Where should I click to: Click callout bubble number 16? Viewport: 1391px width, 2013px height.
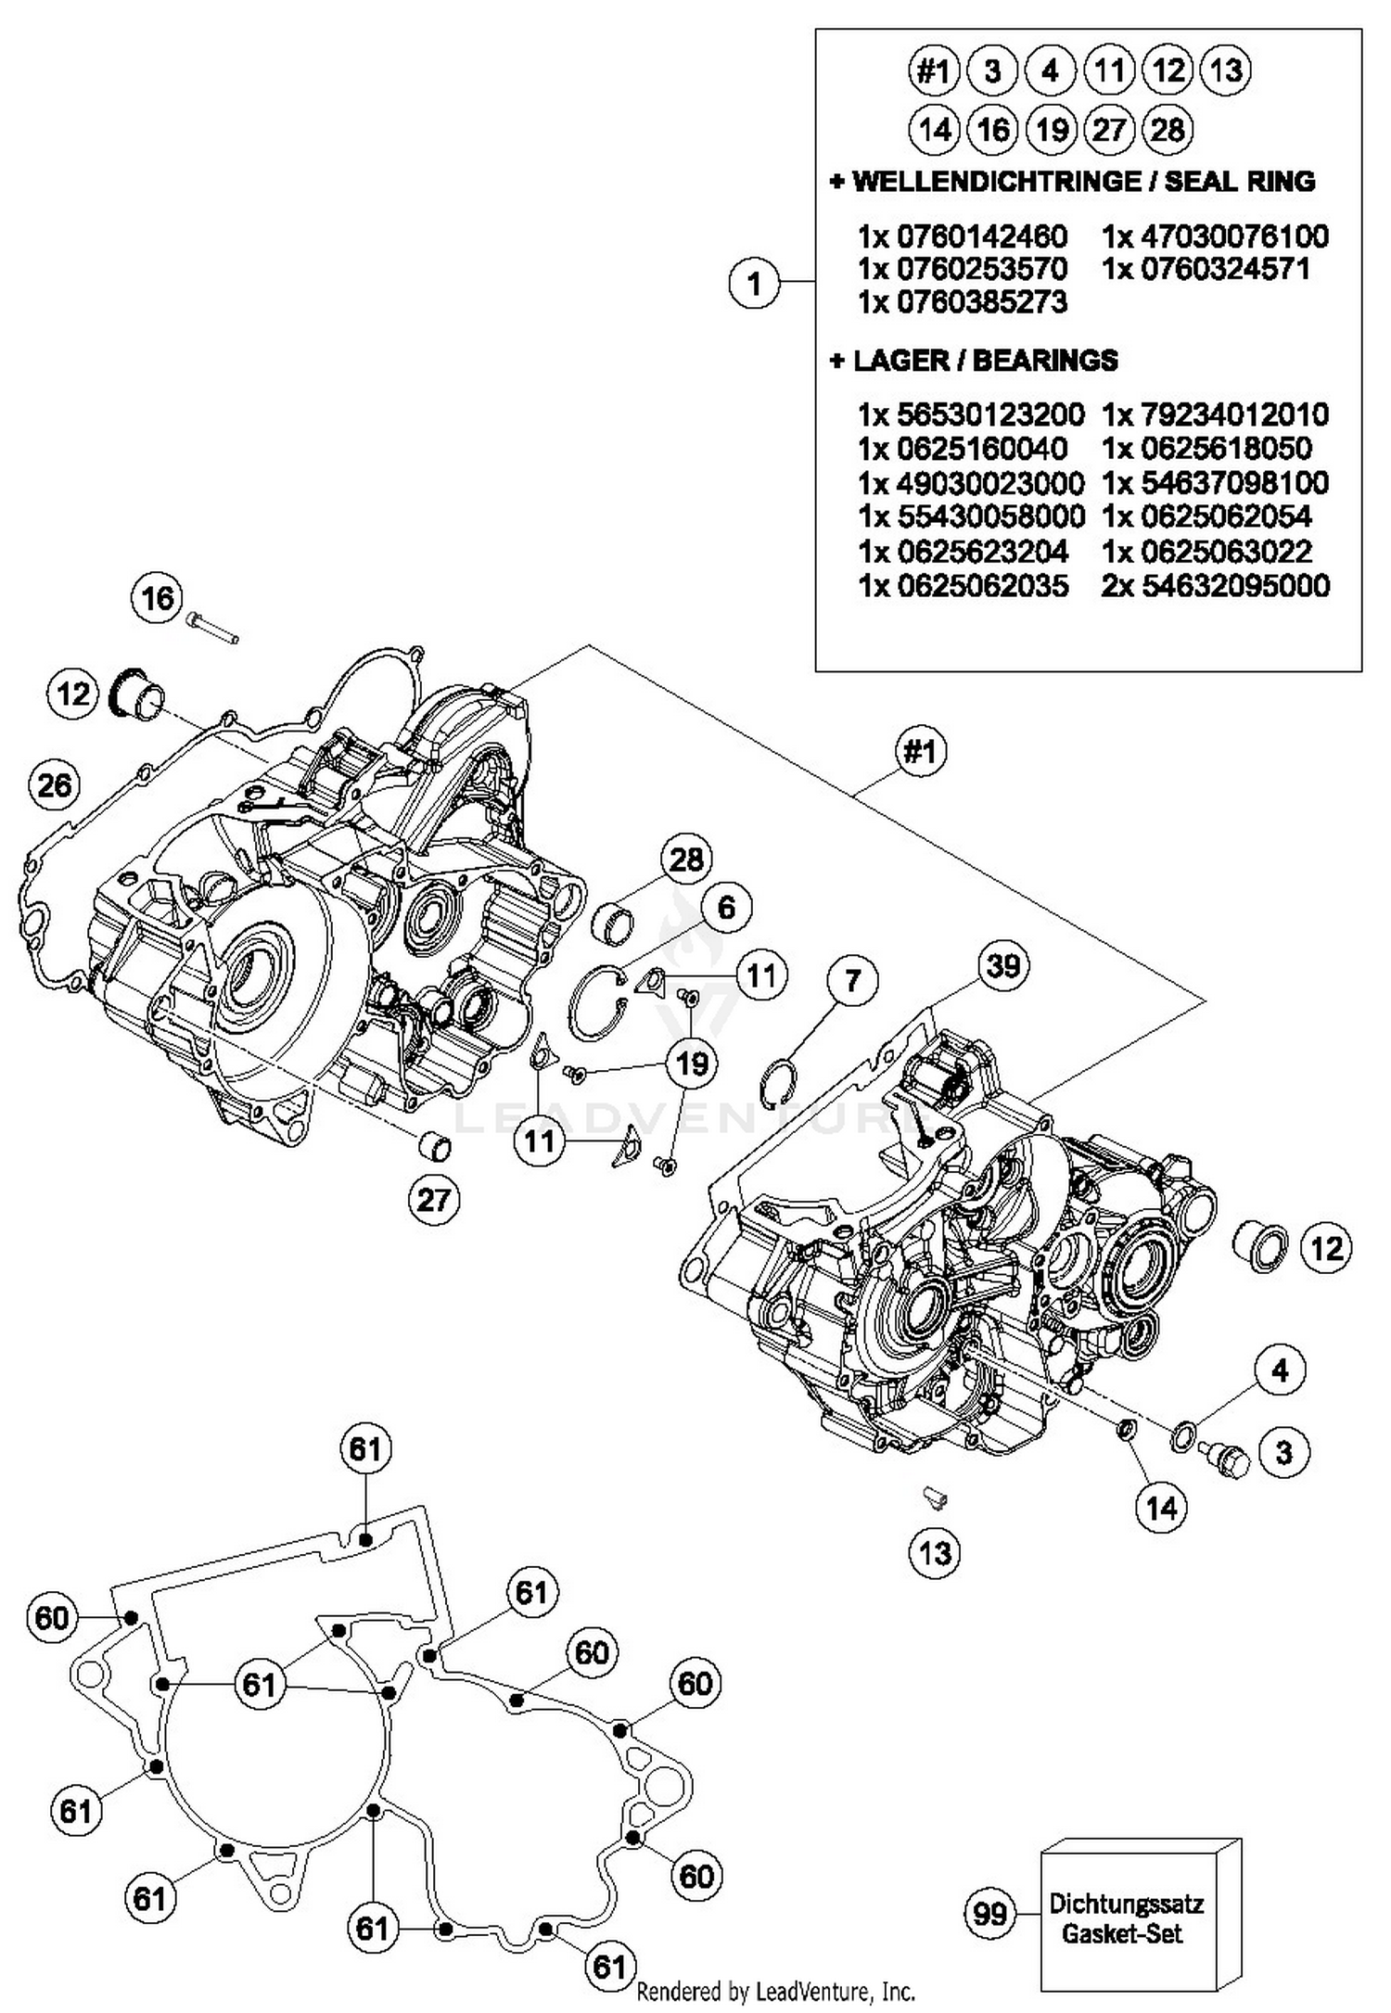[x=157, y=598]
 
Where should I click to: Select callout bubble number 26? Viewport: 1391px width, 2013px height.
[x=54, y=785]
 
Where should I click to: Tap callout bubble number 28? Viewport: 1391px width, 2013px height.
[x=686, y=859]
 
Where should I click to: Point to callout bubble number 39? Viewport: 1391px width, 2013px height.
[x=1004, y=966]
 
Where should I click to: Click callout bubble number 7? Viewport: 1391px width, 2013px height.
[x=853, y=980]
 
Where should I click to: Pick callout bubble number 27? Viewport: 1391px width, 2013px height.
[x=433, y=1200]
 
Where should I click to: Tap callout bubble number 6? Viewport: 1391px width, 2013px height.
[x=726, y=907]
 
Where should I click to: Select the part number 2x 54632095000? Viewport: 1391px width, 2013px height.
[x=1215, y=586]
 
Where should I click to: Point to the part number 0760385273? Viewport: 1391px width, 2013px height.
[x=963, y=302]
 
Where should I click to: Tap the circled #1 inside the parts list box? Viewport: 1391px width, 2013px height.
[x=933, y=70]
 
